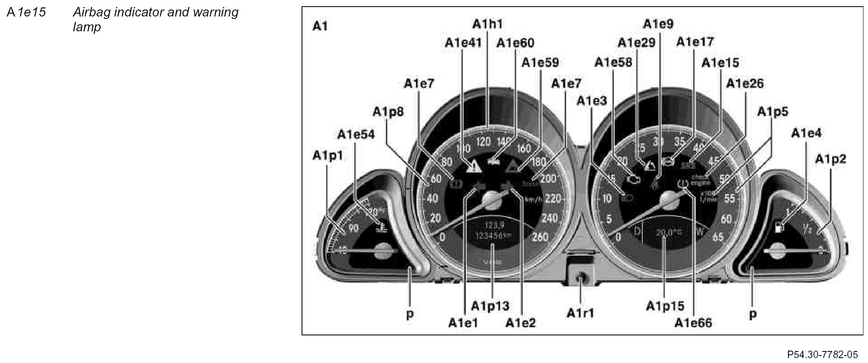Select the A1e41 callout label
[463, 43]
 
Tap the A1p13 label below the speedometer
[490, 306]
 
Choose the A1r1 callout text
[580, 313]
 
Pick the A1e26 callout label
[745, 84]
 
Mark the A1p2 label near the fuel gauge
[830, 159]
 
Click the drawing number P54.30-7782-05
[822, 354]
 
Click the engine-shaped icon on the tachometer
[633, 179]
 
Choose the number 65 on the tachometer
[718, 237]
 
